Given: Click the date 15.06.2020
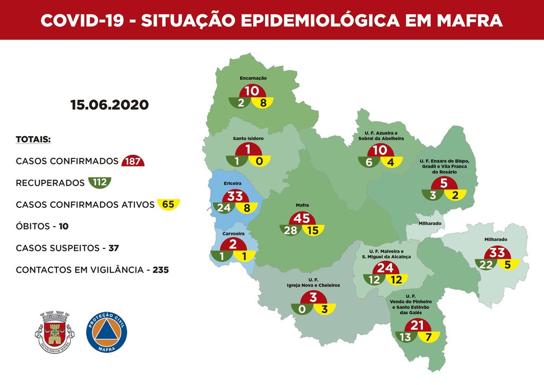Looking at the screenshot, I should pos(109,105).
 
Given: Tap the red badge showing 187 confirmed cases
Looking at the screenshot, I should pos(133,161).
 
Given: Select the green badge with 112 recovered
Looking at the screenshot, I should pos(99,183).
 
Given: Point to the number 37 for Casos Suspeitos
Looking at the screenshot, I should pos(114,248).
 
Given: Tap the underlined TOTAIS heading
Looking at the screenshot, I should pos(33,139).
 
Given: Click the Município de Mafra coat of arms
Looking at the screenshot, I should pos(54,331).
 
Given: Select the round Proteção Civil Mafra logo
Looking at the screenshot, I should pos(106,331).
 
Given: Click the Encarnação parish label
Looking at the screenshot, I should pos(253,78).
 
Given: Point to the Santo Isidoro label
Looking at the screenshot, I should pos(248,138).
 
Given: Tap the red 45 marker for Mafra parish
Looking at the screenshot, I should pos(302,219).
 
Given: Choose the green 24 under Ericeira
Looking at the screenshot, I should pos(223,208).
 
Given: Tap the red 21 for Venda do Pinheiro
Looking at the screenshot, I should pos(417,325).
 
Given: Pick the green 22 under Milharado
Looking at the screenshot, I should pos(486,264).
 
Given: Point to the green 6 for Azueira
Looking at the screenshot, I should pos(369,163).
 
